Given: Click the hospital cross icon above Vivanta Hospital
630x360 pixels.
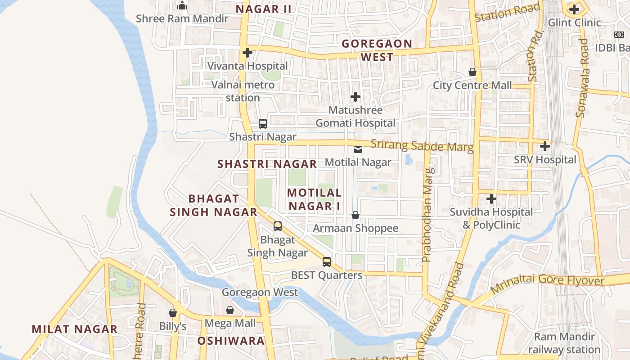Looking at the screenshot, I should point(247,53).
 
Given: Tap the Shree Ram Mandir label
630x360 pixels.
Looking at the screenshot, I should point(182,18).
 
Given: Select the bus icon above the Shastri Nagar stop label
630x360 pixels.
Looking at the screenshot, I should point(263,123).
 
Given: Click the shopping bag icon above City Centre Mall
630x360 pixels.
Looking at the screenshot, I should point(472,72).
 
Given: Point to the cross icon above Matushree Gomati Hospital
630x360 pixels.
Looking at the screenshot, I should point(355,97).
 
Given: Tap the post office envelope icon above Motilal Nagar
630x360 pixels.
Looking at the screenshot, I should point(358,149).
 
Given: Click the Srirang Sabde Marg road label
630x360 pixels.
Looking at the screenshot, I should point(422,146).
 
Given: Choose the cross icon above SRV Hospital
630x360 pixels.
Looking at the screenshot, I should point(545,146).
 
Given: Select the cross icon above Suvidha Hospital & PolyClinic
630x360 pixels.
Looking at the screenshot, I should point(491,198).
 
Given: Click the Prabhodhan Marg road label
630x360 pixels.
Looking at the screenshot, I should point(428,215).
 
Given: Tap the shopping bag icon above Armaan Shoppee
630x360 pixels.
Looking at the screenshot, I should point(355,215).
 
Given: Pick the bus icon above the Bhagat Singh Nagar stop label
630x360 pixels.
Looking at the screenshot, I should point(278,226).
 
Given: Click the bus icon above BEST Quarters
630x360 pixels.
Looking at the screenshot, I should point(327,262).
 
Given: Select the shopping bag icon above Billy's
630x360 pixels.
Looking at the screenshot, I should point(173,313).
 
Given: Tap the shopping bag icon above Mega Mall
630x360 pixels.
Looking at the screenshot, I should point(230,310).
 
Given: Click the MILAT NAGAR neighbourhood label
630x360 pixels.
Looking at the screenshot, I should point(75,329).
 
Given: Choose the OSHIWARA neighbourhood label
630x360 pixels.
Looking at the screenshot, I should point(231,341).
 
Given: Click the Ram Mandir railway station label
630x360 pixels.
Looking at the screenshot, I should point(564,343).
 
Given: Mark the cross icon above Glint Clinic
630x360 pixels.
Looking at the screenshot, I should point(574,9).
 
